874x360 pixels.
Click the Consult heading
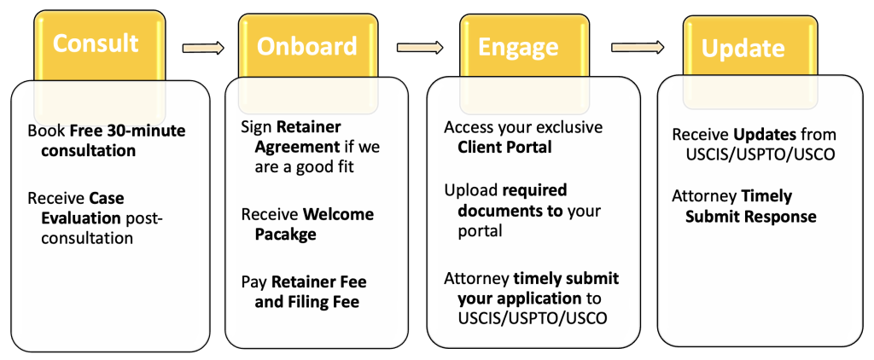pyautogui.click(x=96, y=43)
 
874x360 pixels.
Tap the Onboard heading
pyautogui.click(x=306, y=47)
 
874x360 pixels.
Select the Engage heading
pyautogui.click(x=518, y=48)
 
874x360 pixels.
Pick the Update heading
pyautogui.click(x=743, y=49)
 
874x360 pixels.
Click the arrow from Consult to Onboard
pyautogui.click(x=203, y=48)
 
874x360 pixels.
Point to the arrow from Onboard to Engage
pyautogui.click(x=420, y=48)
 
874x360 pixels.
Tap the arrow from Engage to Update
pyautogui.click(x=638, y=48)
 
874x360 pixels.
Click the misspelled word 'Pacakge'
pyautogui.click(x=285, y=234)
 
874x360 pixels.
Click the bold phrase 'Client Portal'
pyautogui.click(x=504, y=147)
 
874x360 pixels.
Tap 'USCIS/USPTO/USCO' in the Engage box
pyautogui.click(x=532, y=317)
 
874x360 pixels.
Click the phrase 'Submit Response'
pyautogui.click(x=751, y=216)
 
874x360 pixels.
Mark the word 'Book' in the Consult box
pyautogui.click(x=46, y=131)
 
